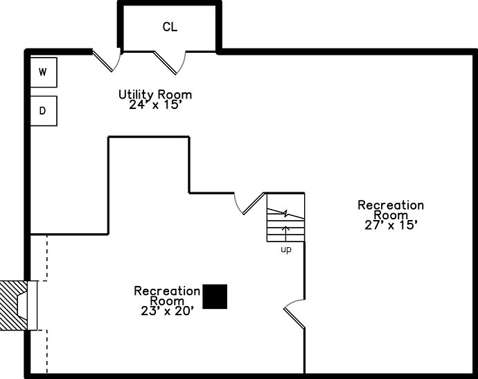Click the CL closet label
click(170, 27)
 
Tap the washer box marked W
click(43, 72)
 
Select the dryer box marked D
click(43, 110)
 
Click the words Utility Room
click(155, 94)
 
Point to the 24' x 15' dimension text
click(155, 106)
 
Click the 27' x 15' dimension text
click(391, 224)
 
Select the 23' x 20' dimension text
click(166, 310)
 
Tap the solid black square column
click(215, 296)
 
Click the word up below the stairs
click(285, 249)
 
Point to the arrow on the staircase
click(285, 232)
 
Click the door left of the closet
click(108, 61)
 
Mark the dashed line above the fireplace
click(46, 258)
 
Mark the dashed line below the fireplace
click(46, 351)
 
